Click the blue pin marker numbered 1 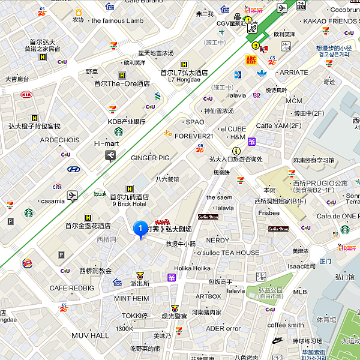(x=140, y=229)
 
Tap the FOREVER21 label (x=194, y=136)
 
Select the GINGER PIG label (x=151, y=158)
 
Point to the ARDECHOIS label (x=59, y=140)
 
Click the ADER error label (x=223, y=328)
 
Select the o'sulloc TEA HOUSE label (x=228, y=253)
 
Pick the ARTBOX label (x=208, y=296)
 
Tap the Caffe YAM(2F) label (x=278, y=125)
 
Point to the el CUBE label (x=233, y=128)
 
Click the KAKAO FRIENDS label (x=332, y=21)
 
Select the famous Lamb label (x=117, y=20)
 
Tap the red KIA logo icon (x=26, y=95)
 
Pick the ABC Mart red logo (x=251, y=60)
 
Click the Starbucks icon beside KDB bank (x=119, y=131)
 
